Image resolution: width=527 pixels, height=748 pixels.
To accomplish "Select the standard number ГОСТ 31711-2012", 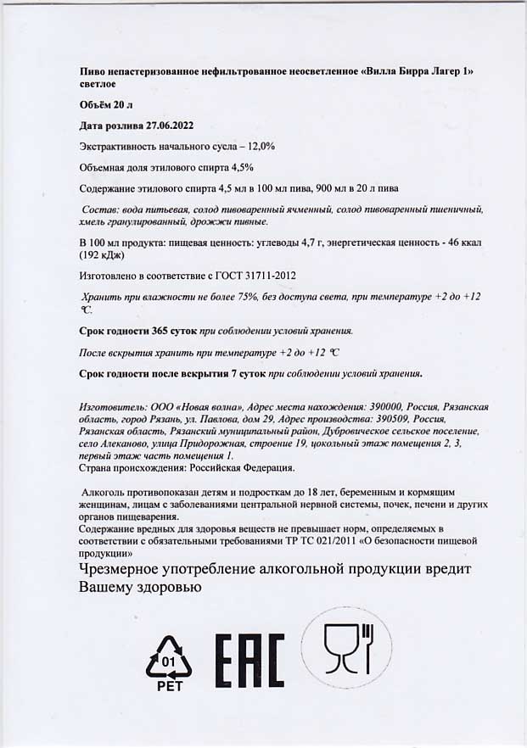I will pos(254,276).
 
